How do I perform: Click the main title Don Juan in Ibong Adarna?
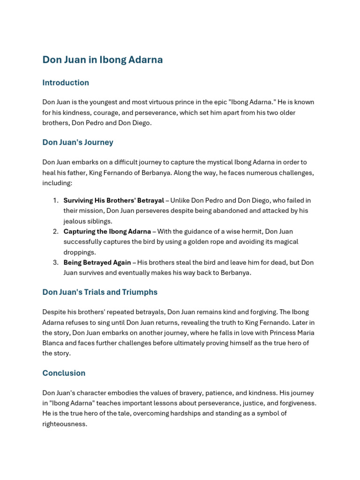(x=103, y=60)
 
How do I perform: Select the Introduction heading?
(x=66, y=83)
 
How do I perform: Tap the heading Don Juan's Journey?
(x=78, y=142)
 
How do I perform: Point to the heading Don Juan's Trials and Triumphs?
(x=100, y=292)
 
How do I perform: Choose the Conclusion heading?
(x=64, y=374)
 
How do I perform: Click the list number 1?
(x=55, y=201)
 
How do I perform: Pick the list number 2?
(x=55, y=232)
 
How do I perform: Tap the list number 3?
(x=55, y=262)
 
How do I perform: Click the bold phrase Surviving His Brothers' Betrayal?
(x=114, y=201)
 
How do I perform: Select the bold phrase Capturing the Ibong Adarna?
(x=107, y=232)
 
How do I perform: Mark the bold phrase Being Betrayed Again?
(x=97, y=262)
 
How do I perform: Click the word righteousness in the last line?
(x=65, y=424)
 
